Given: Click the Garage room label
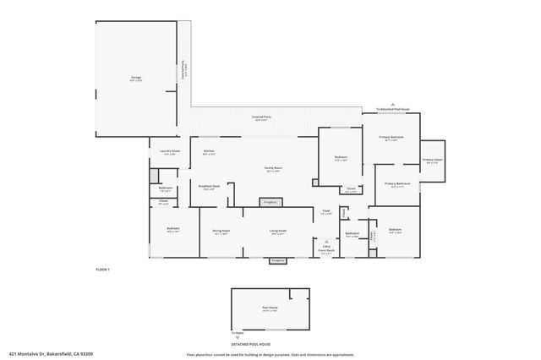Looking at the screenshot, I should tap(135, 78).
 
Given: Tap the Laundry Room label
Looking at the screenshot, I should tap(167, 152).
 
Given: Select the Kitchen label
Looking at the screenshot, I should tap(209, 152).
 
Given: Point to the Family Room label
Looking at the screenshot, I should tap(273, 169).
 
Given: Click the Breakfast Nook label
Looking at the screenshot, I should tap(209, 188).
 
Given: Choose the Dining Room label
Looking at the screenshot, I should tap(221, 231).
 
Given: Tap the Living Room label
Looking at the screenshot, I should tap(278, 231).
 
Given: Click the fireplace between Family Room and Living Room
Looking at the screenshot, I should tap(270, 203).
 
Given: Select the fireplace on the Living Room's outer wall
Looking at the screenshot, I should tap(276, 261).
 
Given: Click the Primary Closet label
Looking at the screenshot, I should tap(431, 161).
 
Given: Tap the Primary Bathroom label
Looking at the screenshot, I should tap(398, 184).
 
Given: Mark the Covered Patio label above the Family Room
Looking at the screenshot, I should tap(261, 117).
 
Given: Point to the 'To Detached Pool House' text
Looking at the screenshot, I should tap(392, 110).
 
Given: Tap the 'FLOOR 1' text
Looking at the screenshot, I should tap(102, 269).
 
